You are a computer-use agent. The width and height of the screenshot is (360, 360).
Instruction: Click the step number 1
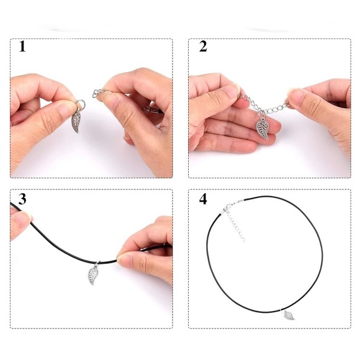[22, 47]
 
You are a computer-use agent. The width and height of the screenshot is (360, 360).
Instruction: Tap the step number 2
[203, 47]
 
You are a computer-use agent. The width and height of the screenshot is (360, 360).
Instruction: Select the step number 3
[22, 199]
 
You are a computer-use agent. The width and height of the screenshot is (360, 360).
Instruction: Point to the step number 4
[203, 199]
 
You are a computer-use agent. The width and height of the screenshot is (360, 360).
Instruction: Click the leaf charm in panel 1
[76, 121]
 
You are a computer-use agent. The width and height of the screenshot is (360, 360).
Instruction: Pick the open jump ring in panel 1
[80, 104]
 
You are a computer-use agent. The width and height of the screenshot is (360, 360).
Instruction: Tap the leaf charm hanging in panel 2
[263, 127]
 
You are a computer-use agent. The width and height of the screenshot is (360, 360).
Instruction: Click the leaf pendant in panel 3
[93, 275]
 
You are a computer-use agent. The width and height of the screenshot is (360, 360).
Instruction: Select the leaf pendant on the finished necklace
[289, 315]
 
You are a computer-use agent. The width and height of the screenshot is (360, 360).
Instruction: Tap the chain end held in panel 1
[98, 93]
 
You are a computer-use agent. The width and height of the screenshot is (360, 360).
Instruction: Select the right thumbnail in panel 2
[296, 96]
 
